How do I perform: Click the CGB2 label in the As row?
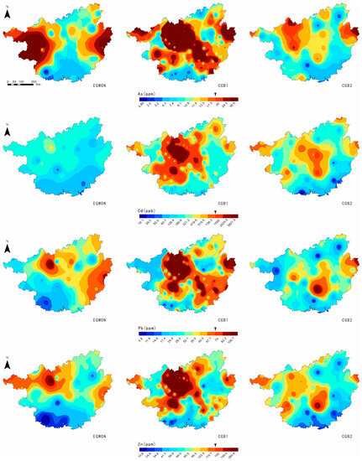[x=344, y=85]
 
